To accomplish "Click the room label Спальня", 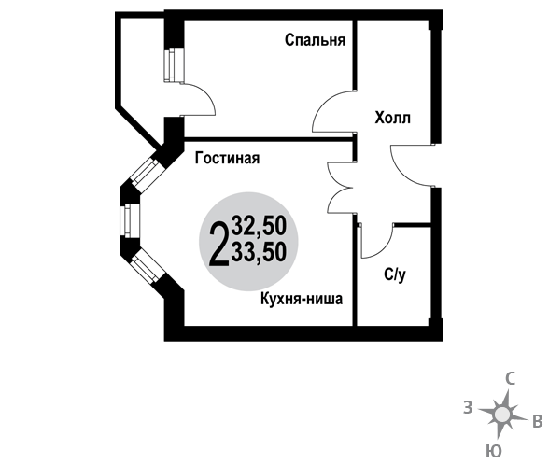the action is pyautogui.click(x=315, y=40).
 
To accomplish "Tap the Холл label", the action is pyautogui.click(x=392, y=118).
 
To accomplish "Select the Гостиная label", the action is pyautogui.click(x=227, y=158).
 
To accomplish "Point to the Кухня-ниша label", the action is pyautogui.click(x=302, y=299).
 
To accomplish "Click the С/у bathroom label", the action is pyautogui.click(x=395, y=274).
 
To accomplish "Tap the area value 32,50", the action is pyautogui.click(x=260, y=226).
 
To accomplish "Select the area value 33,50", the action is pyautogui.click(x=260, y=252).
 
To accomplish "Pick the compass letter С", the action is pyautogui.click(x=511, y=379).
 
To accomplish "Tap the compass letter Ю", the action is pyautogui.click(x=494, y=452).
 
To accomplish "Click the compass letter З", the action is pyautogui.click(x=468, y=408).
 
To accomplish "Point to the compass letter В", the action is pyautogui.click(x=538, y=422).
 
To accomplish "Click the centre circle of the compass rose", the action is pyautogui.click(x=502, y=415).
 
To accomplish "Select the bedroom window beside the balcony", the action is pyautogui.click(x=174, y=65).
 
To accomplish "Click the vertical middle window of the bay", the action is pyautogui.click(x=130, y=220).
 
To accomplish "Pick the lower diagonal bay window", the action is pyautogui.click(x=148, y=266).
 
